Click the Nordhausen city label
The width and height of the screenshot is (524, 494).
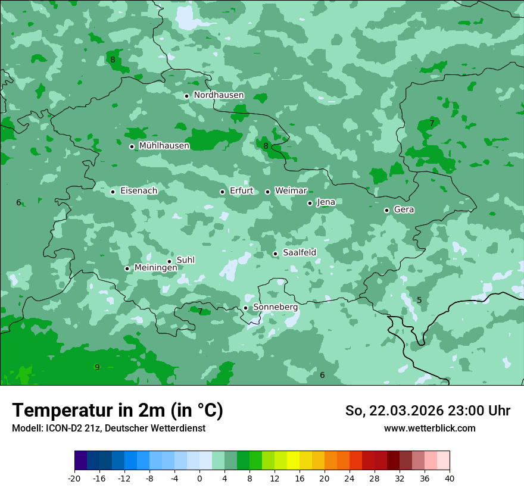click(219, 95)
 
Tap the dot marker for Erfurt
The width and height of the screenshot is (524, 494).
click(222, 192)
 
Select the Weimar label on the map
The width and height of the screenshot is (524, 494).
click(291, 191)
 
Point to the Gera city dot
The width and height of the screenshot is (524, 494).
click(386, 210)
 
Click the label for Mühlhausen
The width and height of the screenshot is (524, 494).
click(164, 146)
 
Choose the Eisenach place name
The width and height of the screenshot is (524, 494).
click(139, 191)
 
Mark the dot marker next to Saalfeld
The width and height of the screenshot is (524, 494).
click(275, 254)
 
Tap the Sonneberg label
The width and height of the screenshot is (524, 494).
click(275, 307)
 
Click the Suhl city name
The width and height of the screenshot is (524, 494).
click(185, 260)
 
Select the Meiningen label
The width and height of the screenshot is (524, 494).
click(155, 268)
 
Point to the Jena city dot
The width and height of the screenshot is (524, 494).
click(310, 203)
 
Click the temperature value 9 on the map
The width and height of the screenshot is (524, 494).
click(97, 367)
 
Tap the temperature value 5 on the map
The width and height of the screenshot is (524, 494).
click(419, 300)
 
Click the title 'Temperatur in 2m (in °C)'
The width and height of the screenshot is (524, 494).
click(117, 410)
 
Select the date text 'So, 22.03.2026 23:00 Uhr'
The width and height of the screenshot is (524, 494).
click(428, 411)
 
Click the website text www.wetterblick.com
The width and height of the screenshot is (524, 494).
click(429, 428)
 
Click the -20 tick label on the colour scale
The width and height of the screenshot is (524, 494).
click(74, 478)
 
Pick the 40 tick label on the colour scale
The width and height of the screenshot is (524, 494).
click(449, 478)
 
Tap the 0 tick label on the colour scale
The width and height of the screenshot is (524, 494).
click(199, 478)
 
